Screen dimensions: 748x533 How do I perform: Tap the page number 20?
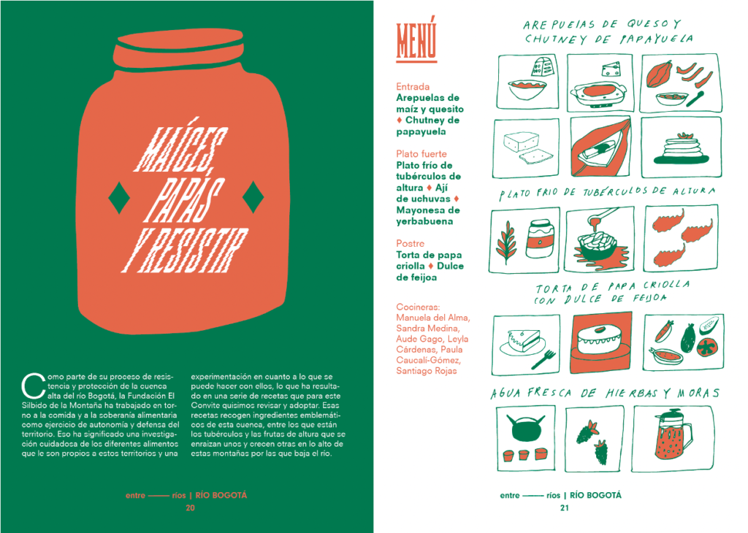click(190, 508)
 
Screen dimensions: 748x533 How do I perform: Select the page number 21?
click(565, 508)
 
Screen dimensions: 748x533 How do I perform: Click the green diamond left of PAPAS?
click(119, 197)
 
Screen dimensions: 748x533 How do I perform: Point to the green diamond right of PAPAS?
click(253, 197)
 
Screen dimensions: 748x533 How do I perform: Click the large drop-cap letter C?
click(33, 386)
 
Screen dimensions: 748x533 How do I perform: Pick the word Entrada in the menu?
click(413, 87)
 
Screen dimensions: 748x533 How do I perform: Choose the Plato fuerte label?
click(421, 154)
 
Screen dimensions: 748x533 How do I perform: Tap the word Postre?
click(410, 244)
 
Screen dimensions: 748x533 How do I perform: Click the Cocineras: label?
click(418, 307)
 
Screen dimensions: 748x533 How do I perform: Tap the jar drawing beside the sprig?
click(540, 238)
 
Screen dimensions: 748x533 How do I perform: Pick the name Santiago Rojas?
click(426, 371)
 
